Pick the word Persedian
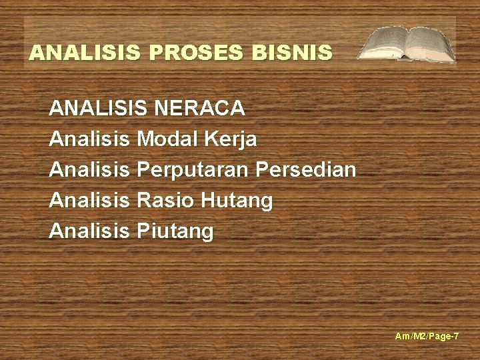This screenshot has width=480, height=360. click(305, 170)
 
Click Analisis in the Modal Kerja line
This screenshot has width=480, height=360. click(89, 139)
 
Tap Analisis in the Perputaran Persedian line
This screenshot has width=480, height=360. click(89, 170)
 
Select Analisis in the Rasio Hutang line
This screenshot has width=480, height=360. click(89, 201)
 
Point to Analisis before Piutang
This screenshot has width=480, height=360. click(89, 231)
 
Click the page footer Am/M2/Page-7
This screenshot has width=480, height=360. click(427, 337)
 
